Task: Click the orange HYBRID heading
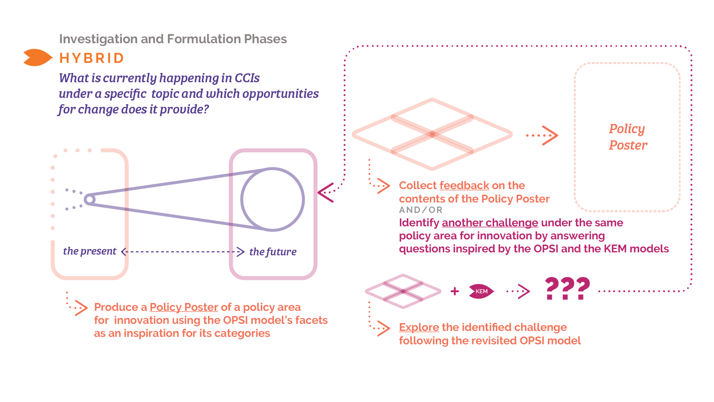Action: coord(91,58)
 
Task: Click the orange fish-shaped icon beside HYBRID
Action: coord(38,58)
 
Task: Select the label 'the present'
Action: coord(90,251)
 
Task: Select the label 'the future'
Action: coord(273,252)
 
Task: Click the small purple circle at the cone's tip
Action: coord(89,200)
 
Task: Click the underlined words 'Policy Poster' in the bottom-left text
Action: coord(184,307)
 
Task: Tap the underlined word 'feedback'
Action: coord(464,185)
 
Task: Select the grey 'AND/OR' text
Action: coord(421,210)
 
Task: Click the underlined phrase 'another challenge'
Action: coord(490,223)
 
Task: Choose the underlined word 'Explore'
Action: coord(419,327)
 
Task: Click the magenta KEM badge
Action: coord(481,291)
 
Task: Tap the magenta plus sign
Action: coord(454,291)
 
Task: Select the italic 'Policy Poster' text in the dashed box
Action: coord(628,137)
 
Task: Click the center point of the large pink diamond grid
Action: coord(432,134)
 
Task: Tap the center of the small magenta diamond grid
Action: coord(403,291)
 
